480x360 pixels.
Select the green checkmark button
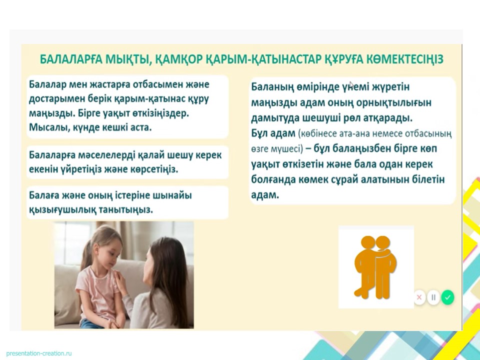click(447, 297)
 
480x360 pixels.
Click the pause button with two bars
click(433, 297)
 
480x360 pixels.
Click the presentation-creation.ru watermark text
click(39, 353)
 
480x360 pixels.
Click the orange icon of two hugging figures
click(375, 267)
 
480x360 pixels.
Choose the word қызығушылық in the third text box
click(62, 210)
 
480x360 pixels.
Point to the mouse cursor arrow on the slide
click(351, 84)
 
